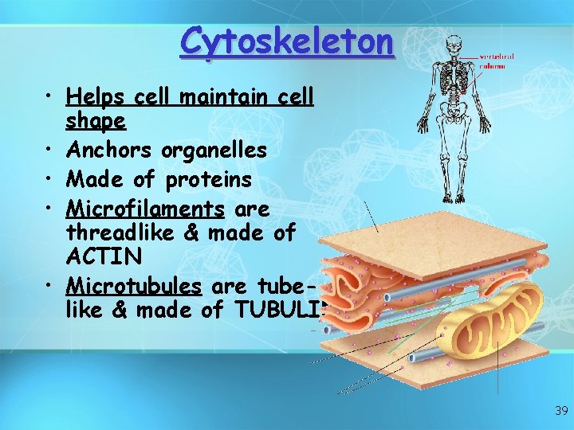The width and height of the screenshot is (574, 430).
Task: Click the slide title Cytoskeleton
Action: [287, 41]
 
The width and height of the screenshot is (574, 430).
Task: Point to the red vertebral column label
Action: [496, 61]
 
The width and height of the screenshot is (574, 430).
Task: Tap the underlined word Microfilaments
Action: [146, 209]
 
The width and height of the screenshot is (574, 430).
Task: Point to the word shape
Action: [96, 121]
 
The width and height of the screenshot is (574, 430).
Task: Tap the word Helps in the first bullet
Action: [95, 97]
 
